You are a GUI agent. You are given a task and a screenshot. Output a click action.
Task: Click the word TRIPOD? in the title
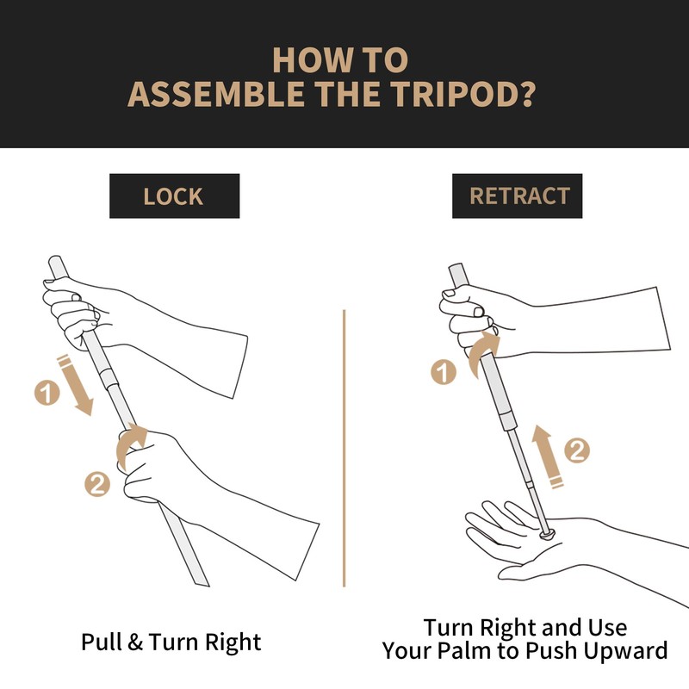coord(462,94)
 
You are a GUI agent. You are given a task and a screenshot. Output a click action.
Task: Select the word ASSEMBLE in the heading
coord(216,94)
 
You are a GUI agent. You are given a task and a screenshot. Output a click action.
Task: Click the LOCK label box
coord(175,196)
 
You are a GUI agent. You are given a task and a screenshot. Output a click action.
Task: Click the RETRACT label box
coord(518,196)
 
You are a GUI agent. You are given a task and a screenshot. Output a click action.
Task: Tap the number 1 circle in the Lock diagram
coord(47,393)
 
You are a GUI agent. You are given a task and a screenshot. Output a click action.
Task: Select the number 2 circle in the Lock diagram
coord(97,484)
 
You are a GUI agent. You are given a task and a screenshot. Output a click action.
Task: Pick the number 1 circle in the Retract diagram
coord(444,372)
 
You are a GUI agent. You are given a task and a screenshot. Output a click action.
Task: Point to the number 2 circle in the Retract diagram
coord(577,450)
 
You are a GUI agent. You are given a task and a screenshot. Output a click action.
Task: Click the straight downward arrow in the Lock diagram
coord(76,385)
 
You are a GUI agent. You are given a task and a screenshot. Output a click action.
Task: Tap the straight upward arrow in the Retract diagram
coord(547,456)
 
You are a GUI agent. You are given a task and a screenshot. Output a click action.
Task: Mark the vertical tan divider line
coord(344,448)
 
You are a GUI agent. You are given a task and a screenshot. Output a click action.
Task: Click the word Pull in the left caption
coord(101,642)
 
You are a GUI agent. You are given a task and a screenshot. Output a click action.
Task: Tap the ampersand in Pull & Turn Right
coord(135,642)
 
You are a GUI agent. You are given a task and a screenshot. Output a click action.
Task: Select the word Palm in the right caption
coord(466,650)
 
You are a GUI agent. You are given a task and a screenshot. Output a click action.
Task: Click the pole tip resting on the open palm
coord(547,533)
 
